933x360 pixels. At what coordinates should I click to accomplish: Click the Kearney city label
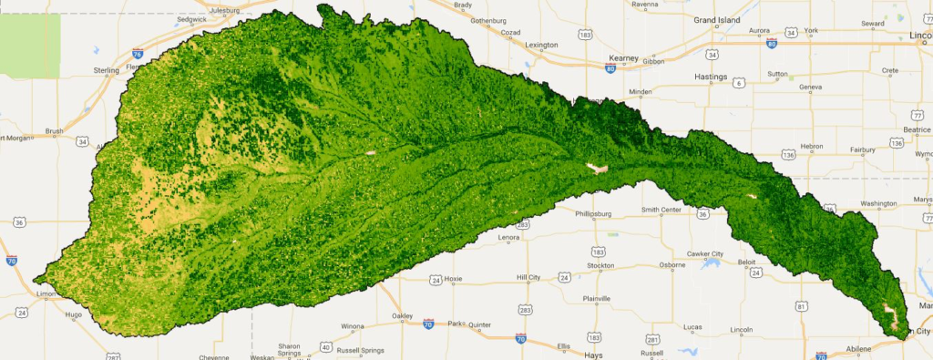624,57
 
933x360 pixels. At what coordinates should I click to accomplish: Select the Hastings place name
714,77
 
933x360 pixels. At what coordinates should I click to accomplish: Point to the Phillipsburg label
597,215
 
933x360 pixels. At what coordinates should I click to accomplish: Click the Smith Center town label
661,210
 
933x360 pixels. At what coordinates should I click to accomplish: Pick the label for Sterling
107,69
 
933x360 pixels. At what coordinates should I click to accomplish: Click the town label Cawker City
704,253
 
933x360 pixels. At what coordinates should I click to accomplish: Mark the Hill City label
528,277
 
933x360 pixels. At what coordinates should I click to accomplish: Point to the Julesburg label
230,11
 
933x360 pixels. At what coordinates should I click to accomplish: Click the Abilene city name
859,348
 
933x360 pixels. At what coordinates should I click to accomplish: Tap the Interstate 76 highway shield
137,54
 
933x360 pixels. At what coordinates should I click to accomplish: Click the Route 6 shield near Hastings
739,82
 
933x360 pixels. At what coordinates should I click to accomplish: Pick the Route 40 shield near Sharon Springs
325,346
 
